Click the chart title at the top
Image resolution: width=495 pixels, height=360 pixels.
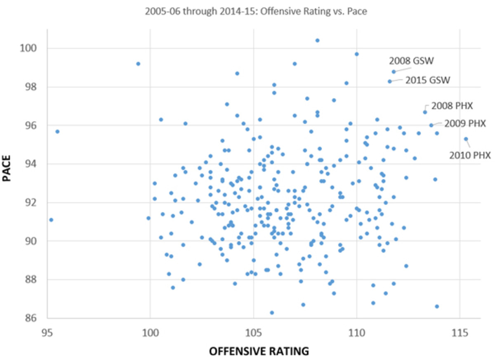[256, 12]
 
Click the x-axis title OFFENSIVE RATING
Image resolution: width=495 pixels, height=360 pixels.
[259, 351]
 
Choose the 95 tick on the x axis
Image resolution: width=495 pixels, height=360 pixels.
[47, 331]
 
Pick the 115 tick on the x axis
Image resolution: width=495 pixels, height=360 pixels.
[460, 331]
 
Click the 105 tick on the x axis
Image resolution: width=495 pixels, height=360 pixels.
[254, 331]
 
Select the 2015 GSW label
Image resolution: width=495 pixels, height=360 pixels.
[427, 80]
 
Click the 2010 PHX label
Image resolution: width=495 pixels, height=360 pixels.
[470, 156]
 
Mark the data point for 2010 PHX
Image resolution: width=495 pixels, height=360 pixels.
[466, 139]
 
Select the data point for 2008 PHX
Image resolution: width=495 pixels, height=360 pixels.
[425, 112]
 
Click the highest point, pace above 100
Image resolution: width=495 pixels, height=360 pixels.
[317, 40]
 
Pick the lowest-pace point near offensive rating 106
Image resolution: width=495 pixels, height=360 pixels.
[272, 313]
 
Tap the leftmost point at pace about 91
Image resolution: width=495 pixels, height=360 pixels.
[51, 220]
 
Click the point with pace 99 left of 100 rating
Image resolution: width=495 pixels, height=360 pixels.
[138, 64]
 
